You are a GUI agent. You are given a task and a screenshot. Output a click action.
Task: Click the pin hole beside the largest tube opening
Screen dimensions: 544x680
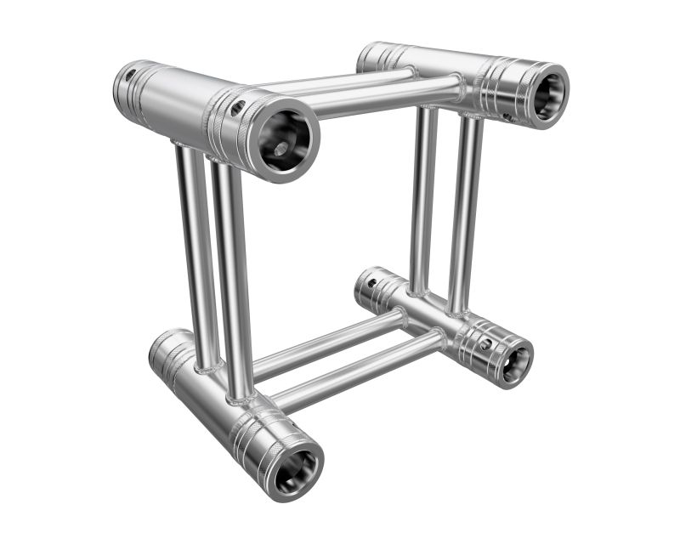point(239,108)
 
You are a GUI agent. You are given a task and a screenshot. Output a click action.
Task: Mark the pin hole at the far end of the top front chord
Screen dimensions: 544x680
point(129,76)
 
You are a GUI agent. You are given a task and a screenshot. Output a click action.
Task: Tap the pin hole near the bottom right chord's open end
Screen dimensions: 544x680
point(485,344)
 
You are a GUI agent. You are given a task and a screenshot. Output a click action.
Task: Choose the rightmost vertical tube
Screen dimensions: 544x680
point(466,212)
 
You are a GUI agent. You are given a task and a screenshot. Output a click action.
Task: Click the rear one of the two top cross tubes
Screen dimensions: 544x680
point(340,81)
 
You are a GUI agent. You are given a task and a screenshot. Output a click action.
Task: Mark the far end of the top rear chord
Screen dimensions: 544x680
point(374,56)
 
